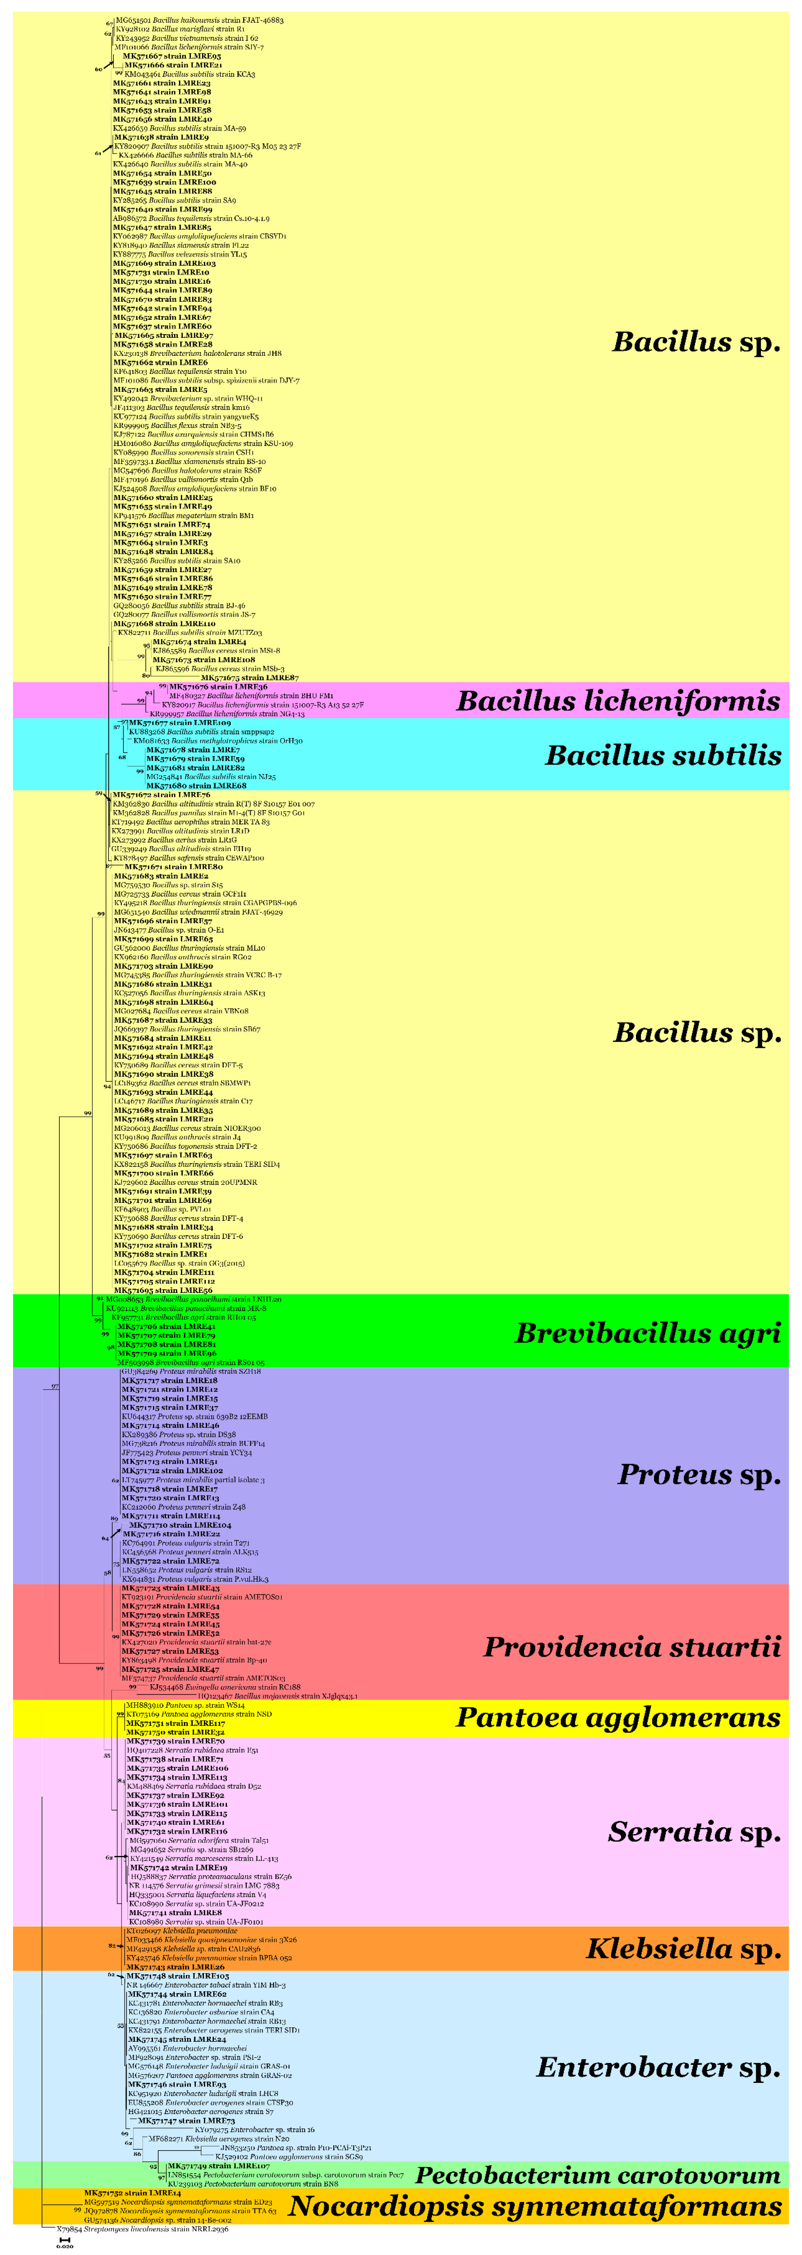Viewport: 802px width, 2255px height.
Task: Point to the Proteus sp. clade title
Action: click(699, 1474)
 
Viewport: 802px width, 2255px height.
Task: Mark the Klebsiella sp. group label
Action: click(683, 1949)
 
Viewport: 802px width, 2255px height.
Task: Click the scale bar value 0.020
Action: click(65, 2246)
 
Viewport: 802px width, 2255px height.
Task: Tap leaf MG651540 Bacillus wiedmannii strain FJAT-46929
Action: click(198, 912)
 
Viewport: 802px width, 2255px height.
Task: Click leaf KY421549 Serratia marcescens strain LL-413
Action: click(203, 1859)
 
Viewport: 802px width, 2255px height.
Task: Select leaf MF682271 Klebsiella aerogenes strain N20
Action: click(219, 2139)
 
